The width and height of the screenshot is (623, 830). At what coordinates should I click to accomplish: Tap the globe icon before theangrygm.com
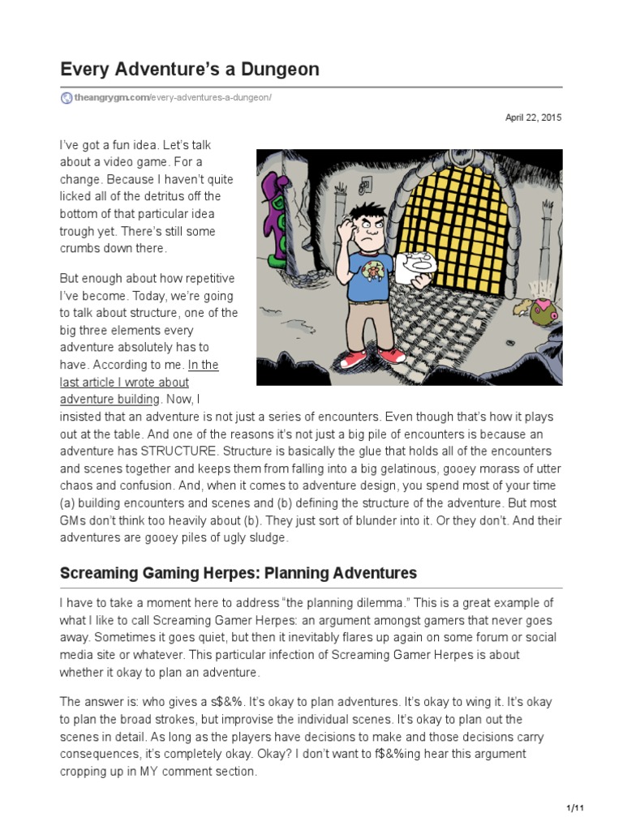click(67, 98)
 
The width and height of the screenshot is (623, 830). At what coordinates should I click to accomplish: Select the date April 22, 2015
click(533, 118)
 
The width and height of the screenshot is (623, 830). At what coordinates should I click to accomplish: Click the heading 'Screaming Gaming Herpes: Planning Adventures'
click(238, 573)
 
